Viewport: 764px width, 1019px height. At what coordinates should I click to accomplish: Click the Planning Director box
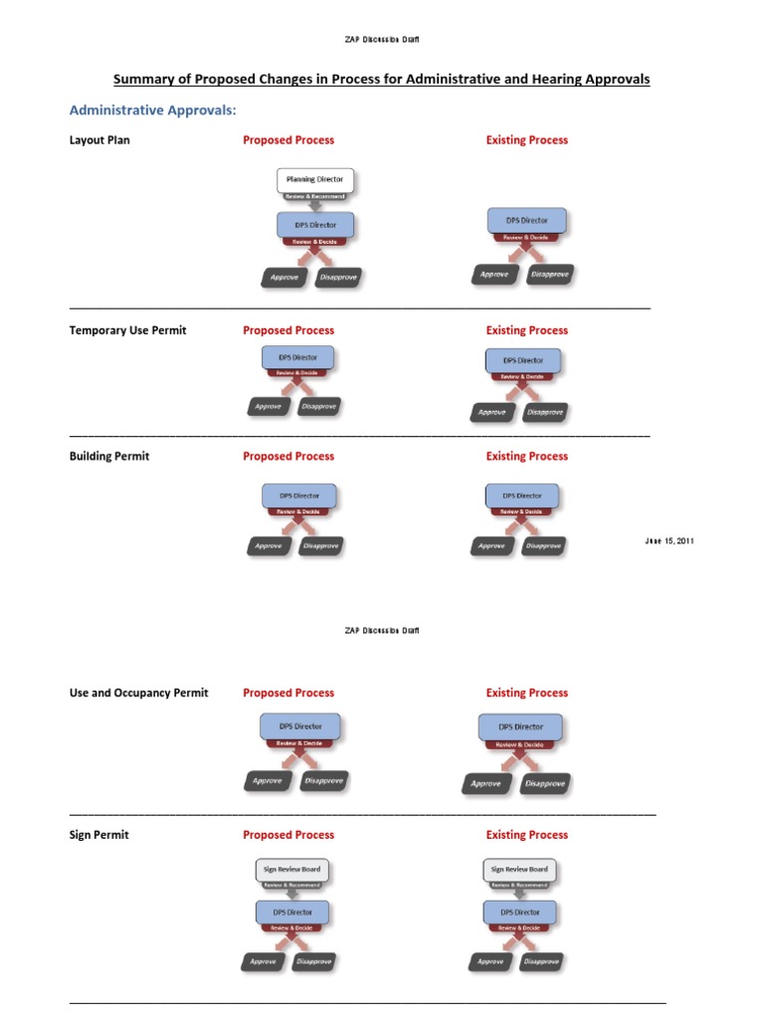[x=314, y=180]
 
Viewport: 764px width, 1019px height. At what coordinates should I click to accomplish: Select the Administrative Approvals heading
[x=159, y=110]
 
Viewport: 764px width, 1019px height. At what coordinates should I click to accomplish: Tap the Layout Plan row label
[x=99, y=140]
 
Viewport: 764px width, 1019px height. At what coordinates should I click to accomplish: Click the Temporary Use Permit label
[x=127, y=330]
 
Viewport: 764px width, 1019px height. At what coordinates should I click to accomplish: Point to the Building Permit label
[x=109, y=457]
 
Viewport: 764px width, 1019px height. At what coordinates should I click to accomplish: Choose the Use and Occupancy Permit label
[x=138, y=693]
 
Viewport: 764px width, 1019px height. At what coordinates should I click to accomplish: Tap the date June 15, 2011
[x=670, y=540]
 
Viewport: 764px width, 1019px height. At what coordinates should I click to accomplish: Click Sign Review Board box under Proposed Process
[x=292, y=869]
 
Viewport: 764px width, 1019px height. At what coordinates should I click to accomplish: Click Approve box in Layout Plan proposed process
[x=285, y=278]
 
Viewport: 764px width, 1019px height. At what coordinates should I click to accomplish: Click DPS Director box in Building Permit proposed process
[x=299, y=495]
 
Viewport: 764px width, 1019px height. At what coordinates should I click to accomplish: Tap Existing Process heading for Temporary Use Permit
[x=526, y=330]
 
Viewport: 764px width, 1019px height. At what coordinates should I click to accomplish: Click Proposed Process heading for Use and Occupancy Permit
[x=288, y=693]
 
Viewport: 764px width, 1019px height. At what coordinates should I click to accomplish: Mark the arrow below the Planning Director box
[x=314, y=204]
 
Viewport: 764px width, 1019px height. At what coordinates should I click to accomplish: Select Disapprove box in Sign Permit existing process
[x=537, y=962]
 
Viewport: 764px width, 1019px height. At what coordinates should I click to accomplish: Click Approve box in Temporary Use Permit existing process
[x=491, y=412]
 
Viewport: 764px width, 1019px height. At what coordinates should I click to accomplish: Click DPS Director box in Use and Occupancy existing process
[x=521, y=726]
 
